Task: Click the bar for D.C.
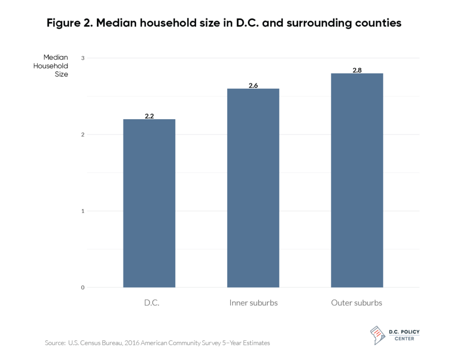(149, 203)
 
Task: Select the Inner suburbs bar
(253, 188)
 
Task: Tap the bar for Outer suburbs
(357, 180)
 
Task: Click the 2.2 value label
(149, 116)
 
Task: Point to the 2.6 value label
(253, 85)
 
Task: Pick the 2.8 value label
(357, 70)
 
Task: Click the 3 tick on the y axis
(83, 58)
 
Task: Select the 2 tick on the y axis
(83, 134)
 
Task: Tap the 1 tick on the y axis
(83, 211)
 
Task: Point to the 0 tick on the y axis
(83, 287)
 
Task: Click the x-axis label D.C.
(149, 303)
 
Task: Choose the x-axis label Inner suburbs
(253, 303)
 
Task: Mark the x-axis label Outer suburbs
(357, 303)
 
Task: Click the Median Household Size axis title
(56, 66)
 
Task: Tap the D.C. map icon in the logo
(377, 334)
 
